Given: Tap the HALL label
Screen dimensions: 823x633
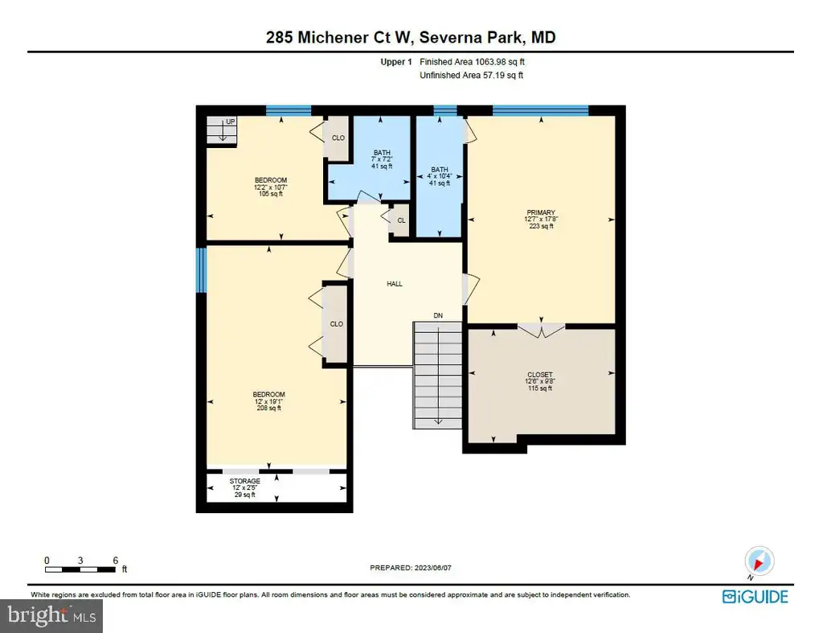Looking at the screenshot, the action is coord(395,284).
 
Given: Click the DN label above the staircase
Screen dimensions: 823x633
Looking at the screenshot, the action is coord(438,315).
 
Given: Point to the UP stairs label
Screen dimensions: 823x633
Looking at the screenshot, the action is coord(231,121).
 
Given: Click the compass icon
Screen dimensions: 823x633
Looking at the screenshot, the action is coord(759,561).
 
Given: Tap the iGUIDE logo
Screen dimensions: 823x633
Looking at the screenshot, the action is coord(755,597).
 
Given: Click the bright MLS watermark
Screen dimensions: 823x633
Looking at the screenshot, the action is coord(51,615).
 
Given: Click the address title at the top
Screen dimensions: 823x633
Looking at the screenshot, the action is coord(411,37).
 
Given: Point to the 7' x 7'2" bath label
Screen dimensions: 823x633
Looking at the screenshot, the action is coord(382,159).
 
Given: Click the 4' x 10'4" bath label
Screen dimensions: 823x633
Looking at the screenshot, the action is coord(440,176).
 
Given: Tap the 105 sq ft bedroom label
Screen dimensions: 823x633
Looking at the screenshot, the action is coord(270,187).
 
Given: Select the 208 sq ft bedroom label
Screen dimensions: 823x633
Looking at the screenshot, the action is coord(268,401).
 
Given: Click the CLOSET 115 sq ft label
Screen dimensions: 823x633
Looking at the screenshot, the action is coord(539,381).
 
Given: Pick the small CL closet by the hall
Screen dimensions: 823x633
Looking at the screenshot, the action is coord(401,220).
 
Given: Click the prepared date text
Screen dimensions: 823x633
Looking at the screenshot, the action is coord(411,568).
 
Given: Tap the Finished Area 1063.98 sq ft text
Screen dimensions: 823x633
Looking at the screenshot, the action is coord(472,62).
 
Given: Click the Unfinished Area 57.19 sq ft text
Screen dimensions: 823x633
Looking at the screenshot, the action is coord(471,75).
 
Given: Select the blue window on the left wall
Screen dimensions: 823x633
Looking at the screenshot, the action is coord(201,270).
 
